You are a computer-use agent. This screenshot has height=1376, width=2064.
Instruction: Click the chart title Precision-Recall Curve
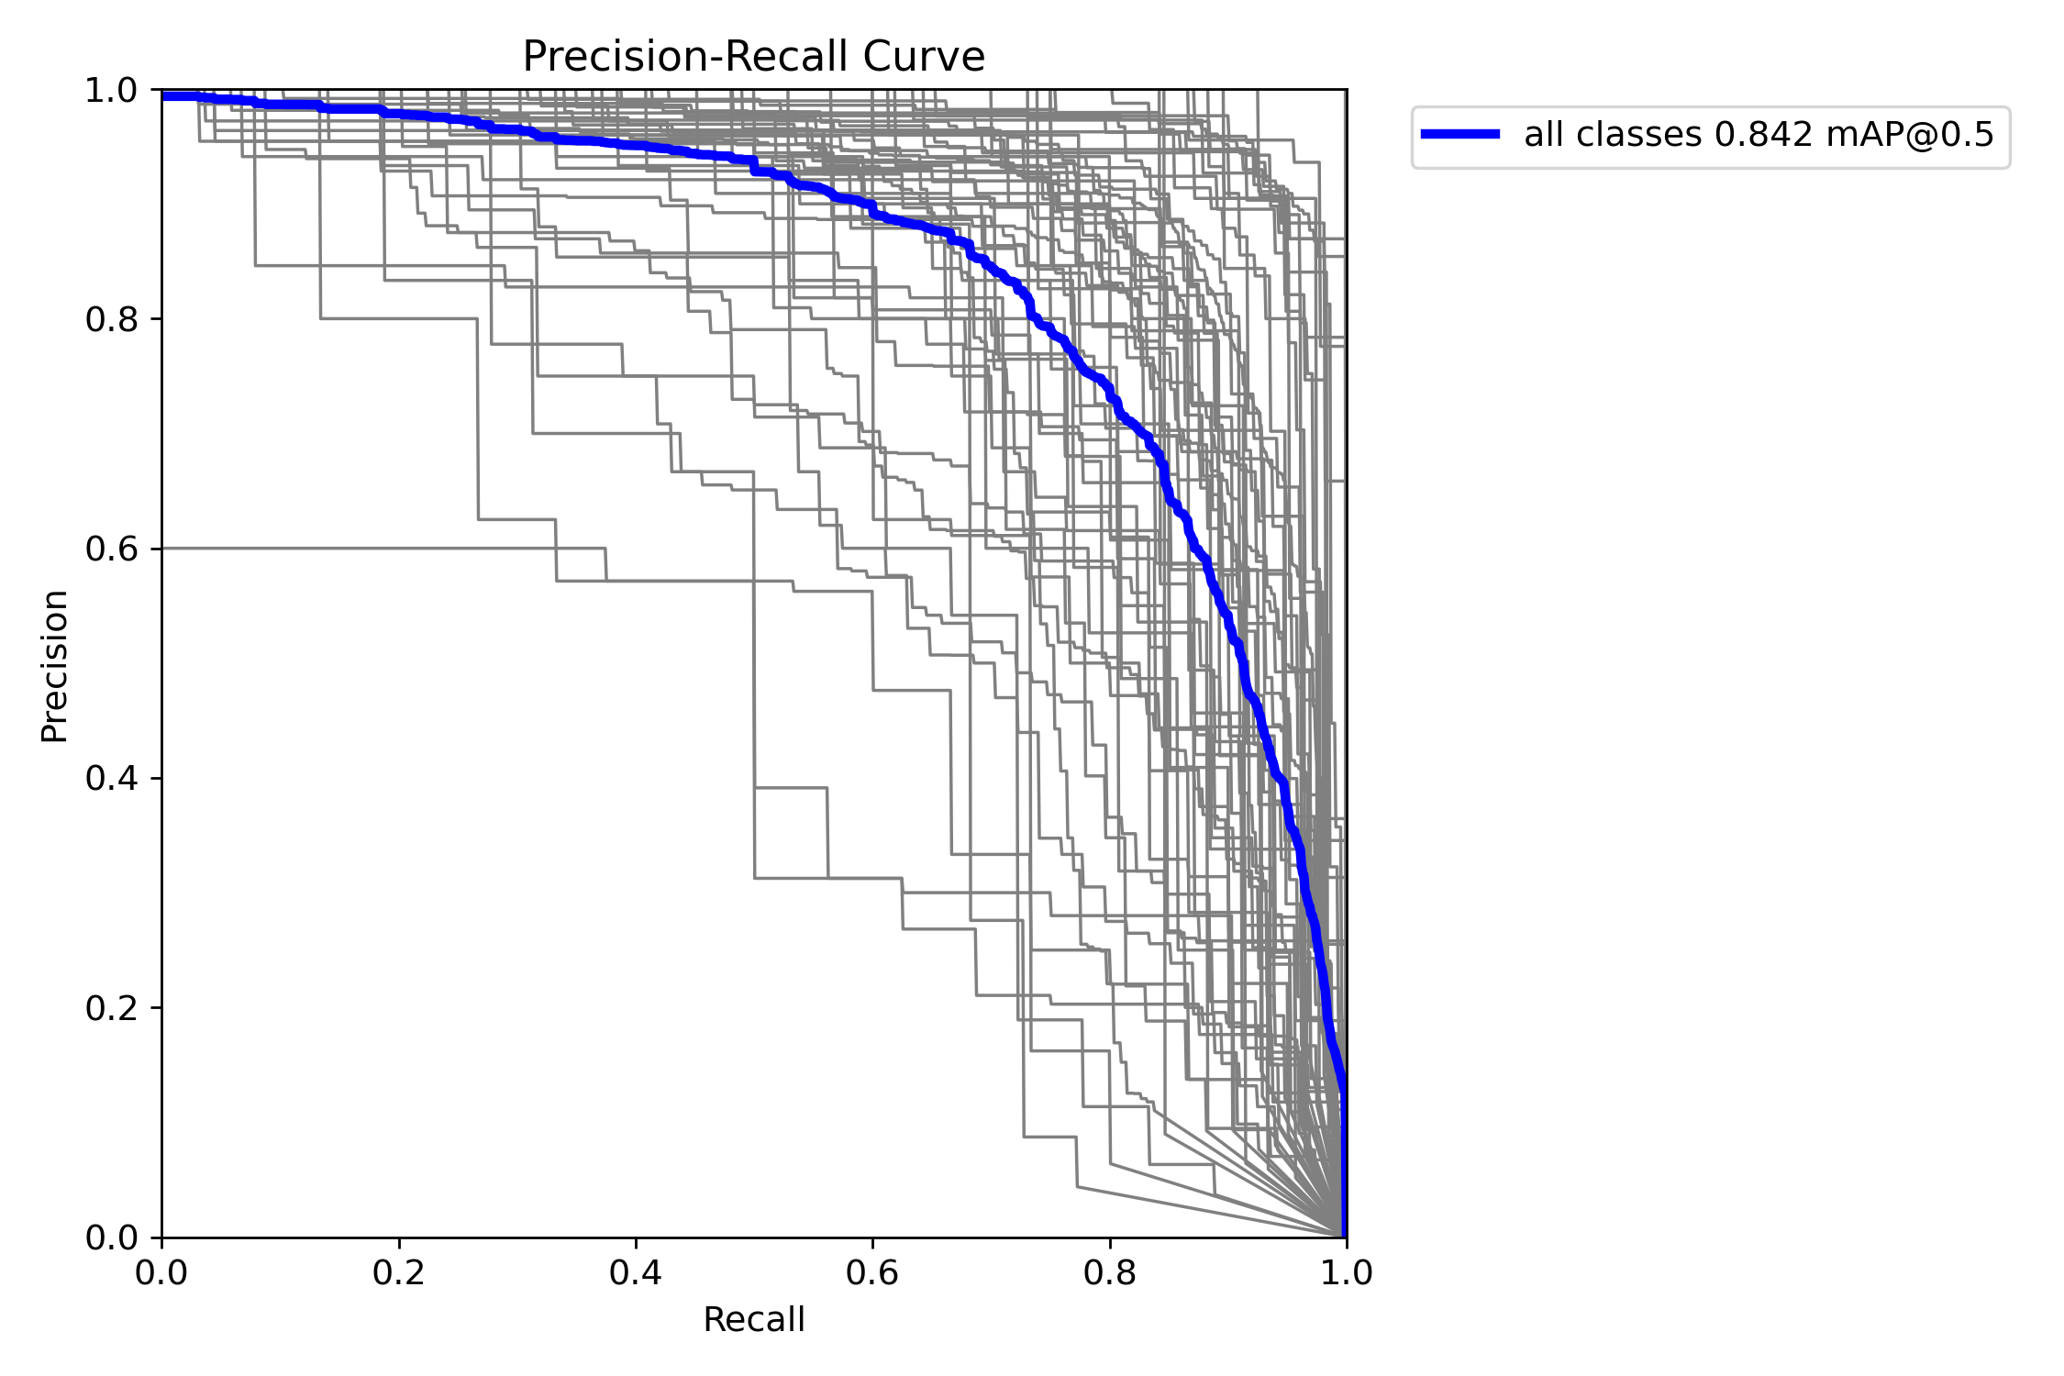[753, 57]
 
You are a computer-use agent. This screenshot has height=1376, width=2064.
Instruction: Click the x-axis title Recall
[753, 1320]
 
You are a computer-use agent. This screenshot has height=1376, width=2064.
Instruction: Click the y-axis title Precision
[54, 666]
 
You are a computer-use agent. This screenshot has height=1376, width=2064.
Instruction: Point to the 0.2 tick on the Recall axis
[398, 1272]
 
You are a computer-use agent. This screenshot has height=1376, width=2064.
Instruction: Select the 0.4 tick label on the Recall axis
[635, 1272]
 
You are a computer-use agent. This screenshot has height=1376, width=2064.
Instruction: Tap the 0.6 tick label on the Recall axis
[872, 1272]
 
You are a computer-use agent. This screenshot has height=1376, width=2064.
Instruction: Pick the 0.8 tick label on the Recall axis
[1109, 1272]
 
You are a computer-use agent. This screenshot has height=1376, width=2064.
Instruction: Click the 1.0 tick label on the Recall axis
[1346, 1272]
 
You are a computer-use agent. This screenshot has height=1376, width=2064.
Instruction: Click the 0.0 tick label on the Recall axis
[161, 1272]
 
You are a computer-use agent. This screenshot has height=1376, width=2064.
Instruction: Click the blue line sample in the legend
[1460, 134]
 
